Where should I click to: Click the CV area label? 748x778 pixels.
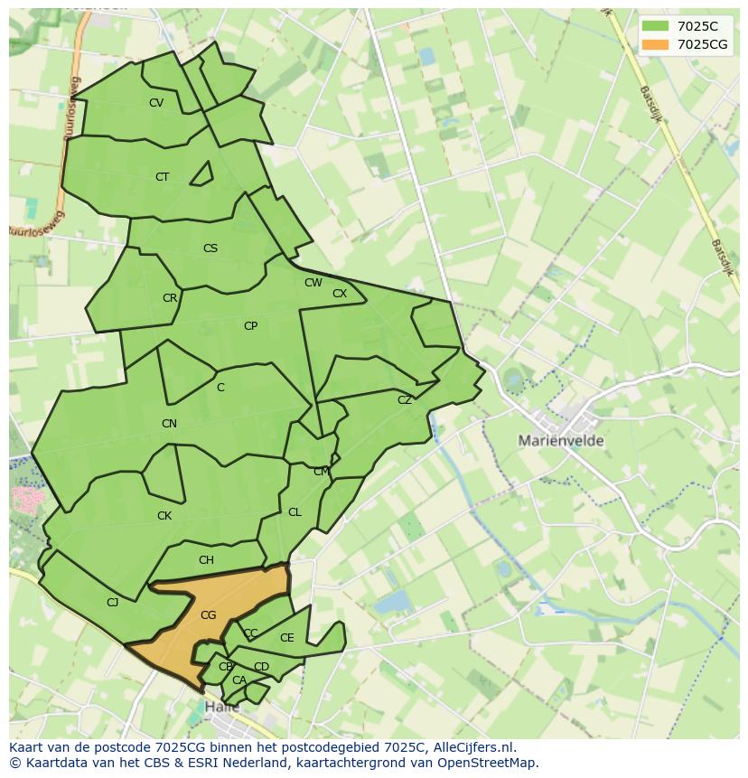[x=156, y=103]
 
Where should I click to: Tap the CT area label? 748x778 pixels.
[x=162, y=177]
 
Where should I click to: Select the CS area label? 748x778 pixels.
[x=210, y=248]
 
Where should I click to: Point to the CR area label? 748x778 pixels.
[x=170, y=298]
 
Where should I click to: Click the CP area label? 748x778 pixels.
[x=250, y=326]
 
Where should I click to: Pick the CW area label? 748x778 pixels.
[x=313, y=283]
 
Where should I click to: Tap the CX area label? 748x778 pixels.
[x=340, y=294]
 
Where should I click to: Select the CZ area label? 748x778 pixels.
[x=405, y=400]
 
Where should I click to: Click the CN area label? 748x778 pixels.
[x=169, y=424]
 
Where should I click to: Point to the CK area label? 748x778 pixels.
[x=164, y=516]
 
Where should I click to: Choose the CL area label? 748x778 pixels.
[x=295, y=512]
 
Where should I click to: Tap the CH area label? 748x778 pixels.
[x=206, y=560]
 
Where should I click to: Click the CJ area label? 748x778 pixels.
[x=113, y=603]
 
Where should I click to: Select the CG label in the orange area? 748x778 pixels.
[x=208, y=615]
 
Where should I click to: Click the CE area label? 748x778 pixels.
[x=286, y=638]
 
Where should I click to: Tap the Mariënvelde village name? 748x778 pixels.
[x=561, y=441]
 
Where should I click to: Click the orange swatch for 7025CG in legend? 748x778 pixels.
[x=656, y=44]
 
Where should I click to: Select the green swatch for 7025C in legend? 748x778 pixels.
[x=656, y=26]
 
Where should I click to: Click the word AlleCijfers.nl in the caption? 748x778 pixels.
[x=471, y=747]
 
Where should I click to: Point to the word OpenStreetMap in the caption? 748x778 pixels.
[x=491, y=763]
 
